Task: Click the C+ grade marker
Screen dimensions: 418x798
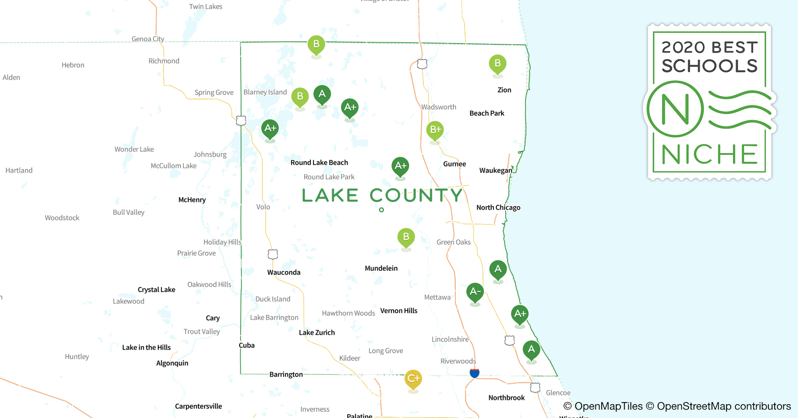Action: (413, 379)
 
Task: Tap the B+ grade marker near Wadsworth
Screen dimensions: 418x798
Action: (435, 130)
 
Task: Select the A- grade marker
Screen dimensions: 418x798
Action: (475, 291)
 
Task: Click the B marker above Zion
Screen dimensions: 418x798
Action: (497, 64)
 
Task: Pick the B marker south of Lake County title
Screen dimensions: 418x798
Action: (406, 237)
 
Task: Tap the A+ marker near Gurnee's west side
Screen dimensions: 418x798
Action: (400, 166)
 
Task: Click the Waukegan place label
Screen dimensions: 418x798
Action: (496, 171)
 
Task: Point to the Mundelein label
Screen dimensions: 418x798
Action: (381, 268)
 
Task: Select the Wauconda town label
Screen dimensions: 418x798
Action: (284, 273)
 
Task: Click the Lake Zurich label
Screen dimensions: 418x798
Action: (317, 333)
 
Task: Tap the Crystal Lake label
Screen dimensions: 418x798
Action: (156, 290)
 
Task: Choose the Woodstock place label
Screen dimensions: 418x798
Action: (62, 218)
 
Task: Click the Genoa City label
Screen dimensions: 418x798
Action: (148, 39)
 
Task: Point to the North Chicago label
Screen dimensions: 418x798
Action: (498, 208)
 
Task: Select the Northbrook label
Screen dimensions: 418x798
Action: (506, 398)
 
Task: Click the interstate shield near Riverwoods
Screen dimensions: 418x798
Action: (475, 373)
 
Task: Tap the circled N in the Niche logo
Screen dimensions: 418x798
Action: (675, 110)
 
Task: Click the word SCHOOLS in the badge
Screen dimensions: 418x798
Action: (709, 66)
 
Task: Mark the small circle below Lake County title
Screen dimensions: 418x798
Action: (381, 210)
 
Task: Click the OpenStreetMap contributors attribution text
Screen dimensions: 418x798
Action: (724, 406)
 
